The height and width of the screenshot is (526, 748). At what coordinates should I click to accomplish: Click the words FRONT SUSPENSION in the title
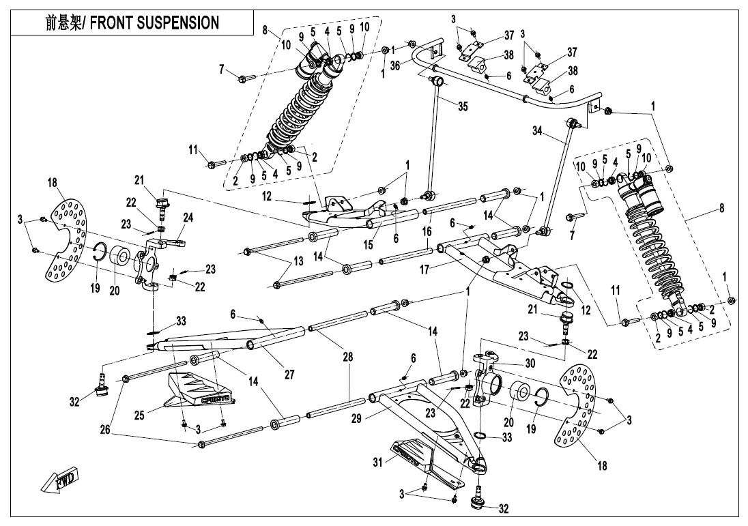(x=155, y=23)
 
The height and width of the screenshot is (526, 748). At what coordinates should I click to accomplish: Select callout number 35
(x=463, y=106)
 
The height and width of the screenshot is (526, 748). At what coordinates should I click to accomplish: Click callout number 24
(x=188, y=218)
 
